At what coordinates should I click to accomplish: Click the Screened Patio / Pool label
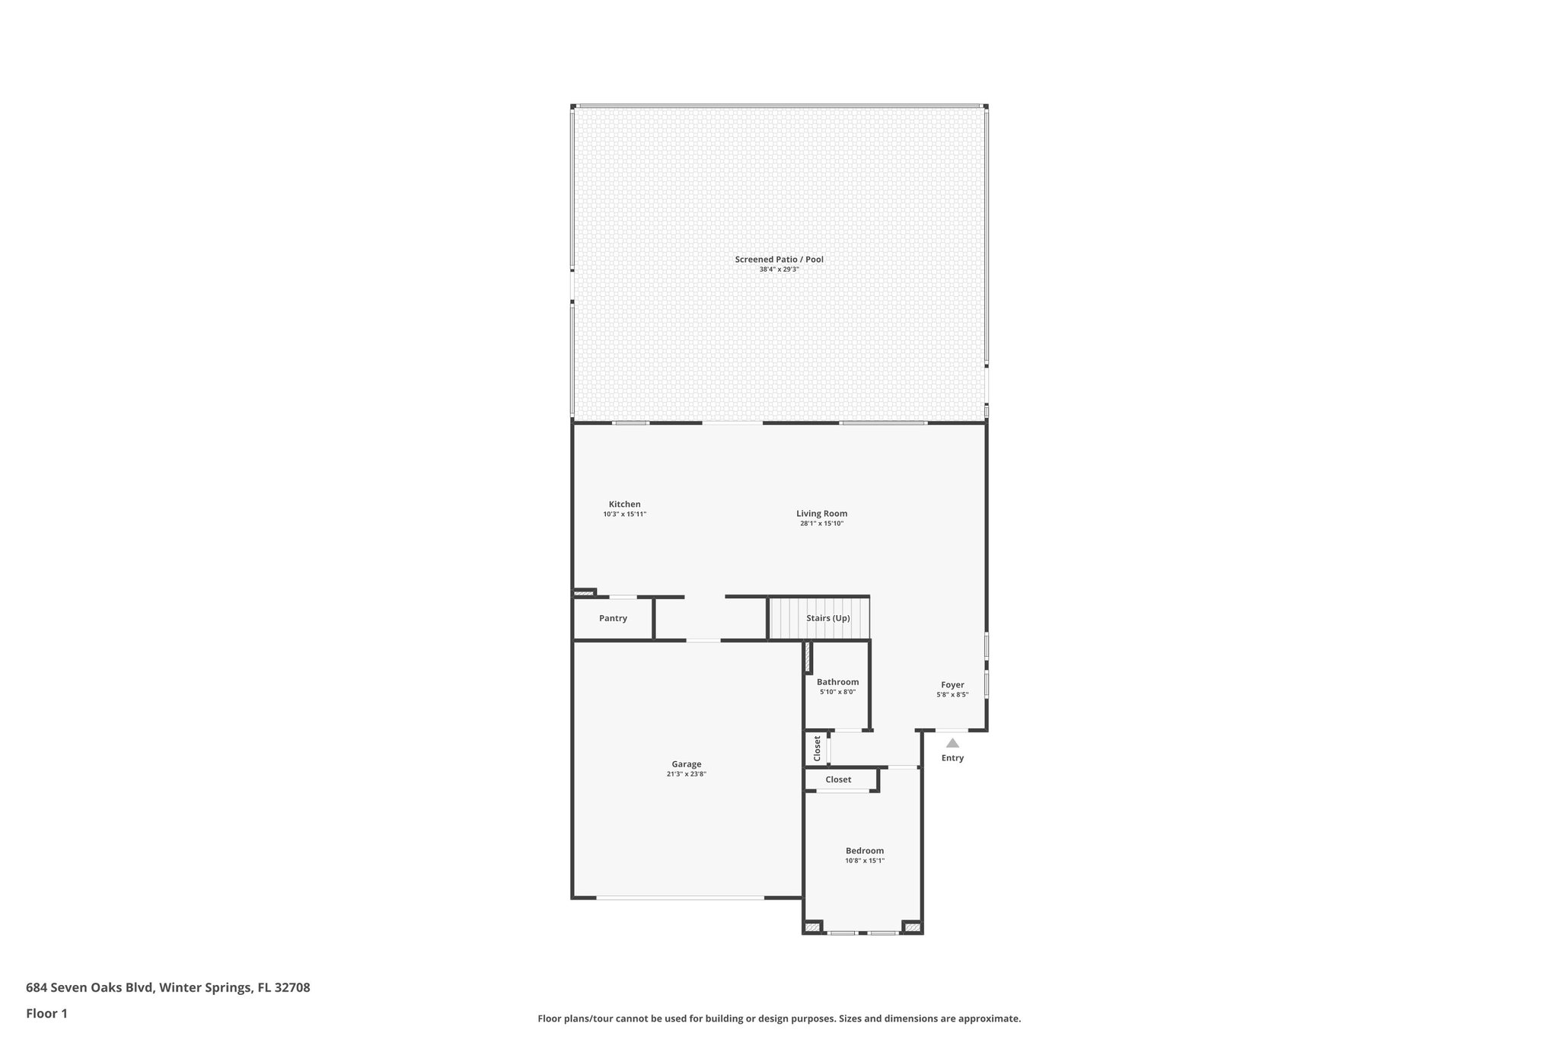779,260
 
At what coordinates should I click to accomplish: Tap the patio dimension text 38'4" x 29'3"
779,269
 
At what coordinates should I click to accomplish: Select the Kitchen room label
624,504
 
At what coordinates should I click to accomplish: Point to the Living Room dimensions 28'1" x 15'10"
821,524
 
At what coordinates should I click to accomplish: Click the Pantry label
613,618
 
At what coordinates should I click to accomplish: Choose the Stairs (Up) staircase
819,618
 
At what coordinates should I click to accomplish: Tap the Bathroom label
837,682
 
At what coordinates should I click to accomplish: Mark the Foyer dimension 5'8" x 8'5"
952,695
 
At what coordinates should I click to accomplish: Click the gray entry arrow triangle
952,743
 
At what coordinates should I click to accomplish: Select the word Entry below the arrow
952,758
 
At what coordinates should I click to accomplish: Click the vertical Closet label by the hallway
818,748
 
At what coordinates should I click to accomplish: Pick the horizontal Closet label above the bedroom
838,779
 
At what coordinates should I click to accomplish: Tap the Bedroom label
865,851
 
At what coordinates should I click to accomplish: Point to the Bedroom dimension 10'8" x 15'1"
865,861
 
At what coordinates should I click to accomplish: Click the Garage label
686,764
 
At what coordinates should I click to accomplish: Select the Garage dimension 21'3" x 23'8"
686,774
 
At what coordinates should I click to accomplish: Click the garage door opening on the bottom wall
680,898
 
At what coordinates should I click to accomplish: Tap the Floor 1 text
46,1013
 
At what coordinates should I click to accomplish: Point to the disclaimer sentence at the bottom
779,1018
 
